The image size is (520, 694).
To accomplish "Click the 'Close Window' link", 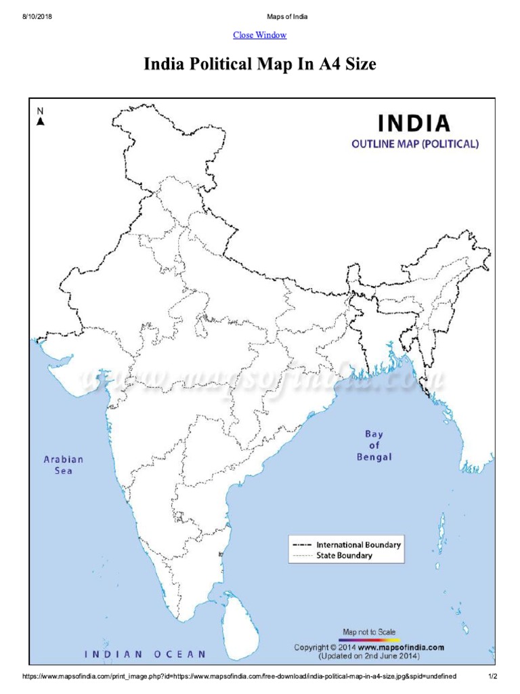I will tap(259, 35).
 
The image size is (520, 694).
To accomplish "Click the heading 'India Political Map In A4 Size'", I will tap(259, 65).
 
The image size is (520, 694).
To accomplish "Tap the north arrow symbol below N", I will tap(41, 121).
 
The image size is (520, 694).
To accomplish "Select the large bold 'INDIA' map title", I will tap(414, 123).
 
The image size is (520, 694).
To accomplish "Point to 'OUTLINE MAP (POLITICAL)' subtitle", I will tap(414, 144).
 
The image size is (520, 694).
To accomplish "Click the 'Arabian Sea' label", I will tap(63, 465).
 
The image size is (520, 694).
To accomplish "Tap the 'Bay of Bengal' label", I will tap(374, 445).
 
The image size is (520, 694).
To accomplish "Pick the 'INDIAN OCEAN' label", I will tap(145, 654).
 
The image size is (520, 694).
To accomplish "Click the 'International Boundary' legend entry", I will tap(358, 544).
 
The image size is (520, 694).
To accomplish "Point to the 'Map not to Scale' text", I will tap(369, 632).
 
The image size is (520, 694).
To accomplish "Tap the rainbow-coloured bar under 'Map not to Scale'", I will tap(369, 639).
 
